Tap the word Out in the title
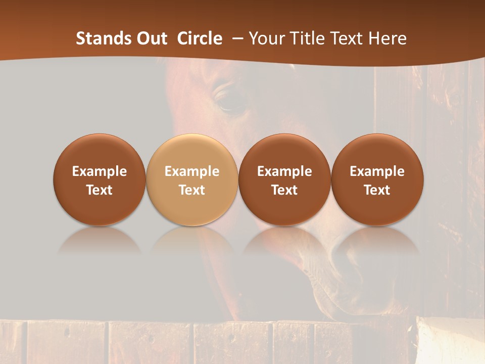click(x=151, y=38)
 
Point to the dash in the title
click(x=237, y=38)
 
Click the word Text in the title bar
click(x=349, y=38)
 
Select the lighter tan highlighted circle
click(x=191, y=179)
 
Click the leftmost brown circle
click(x=99, y=179)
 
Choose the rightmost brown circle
click(x=377, y=179)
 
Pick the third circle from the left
click(x=284, y=179)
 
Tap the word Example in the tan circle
click(x=192, y=171)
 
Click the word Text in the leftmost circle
click(x=99, y=190)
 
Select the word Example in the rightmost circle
click(x=377, y=171)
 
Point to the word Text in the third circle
click(x=284, y=190)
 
